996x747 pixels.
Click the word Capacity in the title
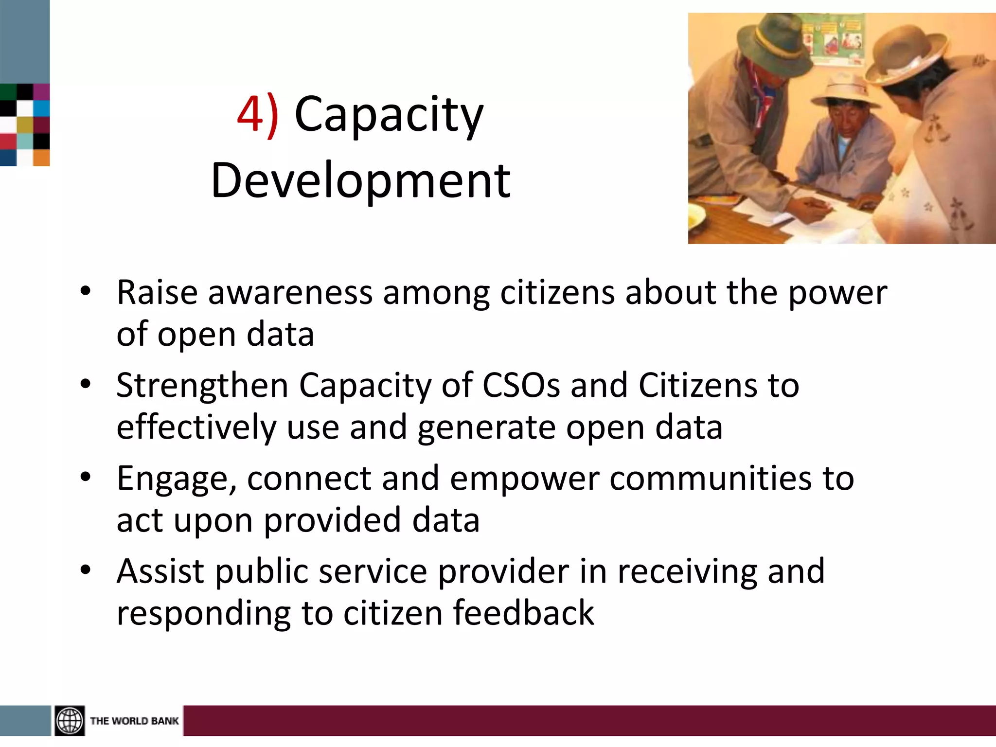click(389, 115)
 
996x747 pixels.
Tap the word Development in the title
click(360, 181)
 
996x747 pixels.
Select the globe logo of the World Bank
click(70, 720)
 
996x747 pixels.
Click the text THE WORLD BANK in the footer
click(134, 721)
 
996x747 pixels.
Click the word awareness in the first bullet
click(290, 293)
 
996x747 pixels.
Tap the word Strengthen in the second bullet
click(202, 386)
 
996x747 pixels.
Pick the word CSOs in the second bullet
click(521, 386)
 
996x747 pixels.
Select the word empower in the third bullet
click(524, 479)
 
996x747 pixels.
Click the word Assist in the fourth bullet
click(160, 571)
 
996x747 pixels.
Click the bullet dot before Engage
click(86, 477)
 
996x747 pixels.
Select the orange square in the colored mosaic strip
click(41, 158)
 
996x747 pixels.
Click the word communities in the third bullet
click(711, 479)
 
